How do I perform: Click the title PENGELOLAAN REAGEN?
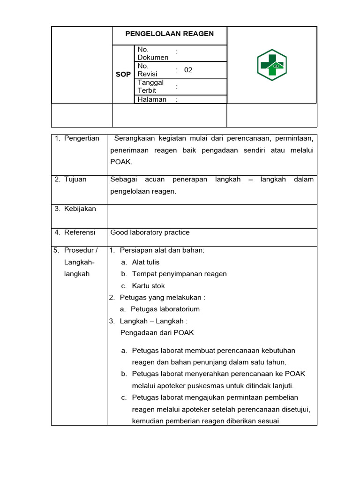[169, 34]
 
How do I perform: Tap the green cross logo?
[272, 65]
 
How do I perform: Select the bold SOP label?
[123, 74]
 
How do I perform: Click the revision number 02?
[188, 70]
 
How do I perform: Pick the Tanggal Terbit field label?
[150, 86]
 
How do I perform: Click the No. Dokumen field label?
[153, 53]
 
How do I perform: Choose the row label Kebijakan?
[80, 209]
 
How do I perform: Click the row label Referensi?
[79, 232]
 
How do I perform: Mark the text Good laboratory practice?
[150, 232]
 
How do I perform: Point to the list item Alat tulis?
[146, 262]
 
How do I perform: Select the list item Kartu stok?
[149, 286]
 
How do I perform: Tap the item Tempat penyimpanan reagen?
[179, 274]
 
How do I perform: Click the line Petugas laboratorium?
[165, 309]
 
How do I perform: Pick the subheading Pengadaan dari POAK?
[157, 333]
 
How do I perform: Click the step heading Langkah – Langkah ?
[154, 321]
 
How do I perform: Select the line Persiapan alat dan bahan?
[162, 250]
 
